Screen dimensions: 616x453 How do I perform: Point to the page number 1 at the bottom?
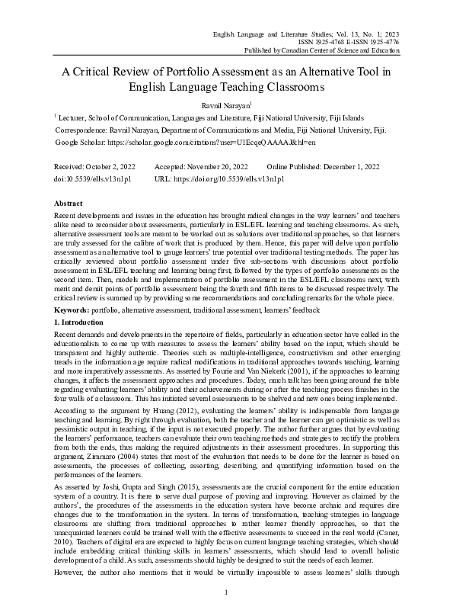click(227, 592)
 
